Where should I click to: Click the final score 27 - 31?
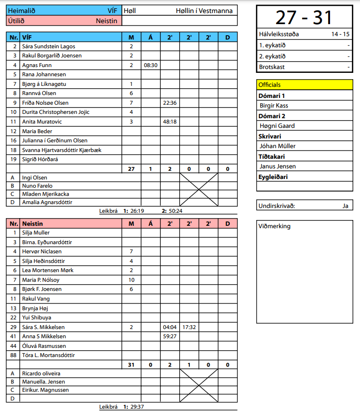point(304,17)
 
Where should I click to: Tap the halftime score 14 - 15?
point(340,34)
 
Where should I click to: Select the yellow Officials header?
point(305,84)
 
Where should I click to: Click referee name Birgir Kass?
point(274,106)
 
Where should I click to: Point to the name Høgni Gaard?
point(277,126)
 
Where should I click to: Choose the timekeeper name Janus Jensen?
point(278,166)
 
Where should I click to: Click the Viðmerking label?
point(275,226)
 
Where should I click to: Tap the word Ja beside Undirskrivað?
point(345,206)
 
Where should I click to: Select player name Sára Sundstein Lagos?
point(49,46)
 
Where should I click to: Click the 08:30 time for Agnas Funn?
point(150,65)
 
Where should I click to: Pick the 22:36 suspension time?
point(170,103)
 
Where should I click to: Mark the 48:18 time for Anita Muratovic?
point(170,122)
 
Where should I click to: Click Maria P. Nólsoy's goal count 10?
point(131,280)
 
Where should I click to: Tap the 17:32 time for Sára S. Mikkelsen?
point(189,327)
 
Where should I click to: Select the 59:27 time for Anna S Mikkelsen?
point(170,336)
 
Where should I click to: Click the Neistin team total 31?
point(131,365)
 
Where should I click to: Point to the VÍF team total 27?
point(131,169)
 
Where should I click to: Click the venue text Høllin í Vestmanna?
point(204,11)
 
